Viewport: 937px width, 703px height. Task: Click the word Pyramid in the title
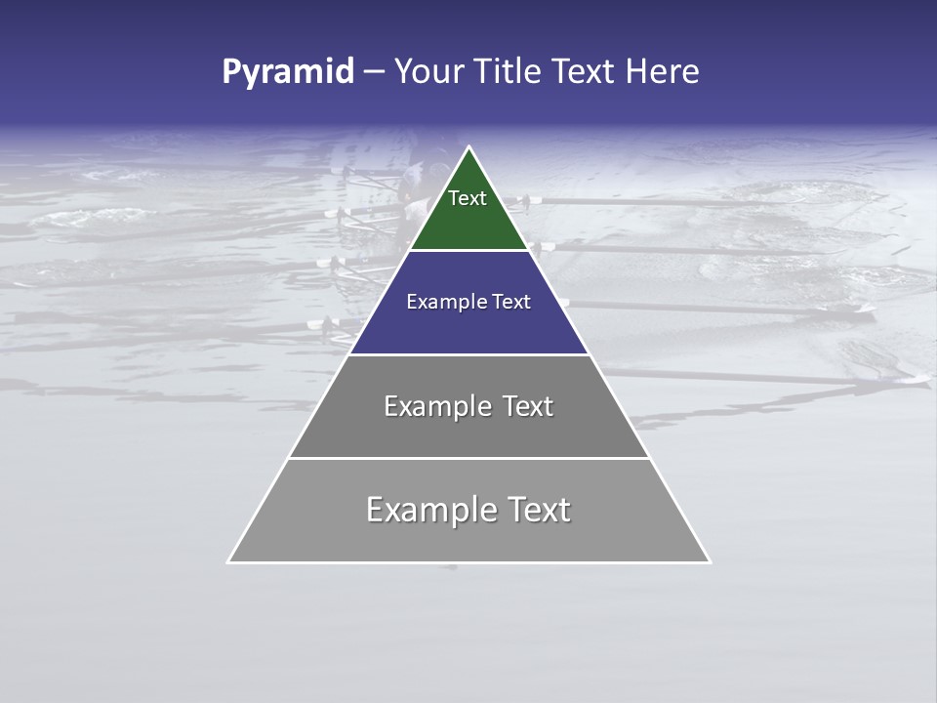(288, 72)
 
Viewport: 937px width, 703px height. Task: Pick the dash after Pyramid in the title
(374, 72)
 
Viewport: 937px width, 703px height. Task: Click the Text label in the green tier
(468, 198)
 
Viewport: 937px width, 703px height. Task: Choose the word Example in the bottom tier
(429, 510)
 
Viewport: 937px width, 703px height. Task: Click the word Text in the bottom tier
(538, 510)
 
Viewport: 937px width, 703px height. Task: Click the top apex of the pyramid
(469, 147)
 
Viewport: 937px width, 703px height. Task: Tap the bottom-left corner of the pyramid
(229, 561)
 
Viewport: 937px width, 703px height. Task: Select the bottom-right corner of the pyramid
(709, 561)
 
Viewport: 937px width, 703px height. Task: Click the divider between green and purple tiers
(468, 251)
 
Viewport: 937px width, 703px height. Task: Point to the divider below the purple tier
(468, 354)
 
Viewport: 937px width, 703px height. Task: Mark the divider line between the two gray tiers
(468, 458)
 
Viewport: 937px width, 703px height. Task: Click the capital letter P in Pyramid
(231, 71)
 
